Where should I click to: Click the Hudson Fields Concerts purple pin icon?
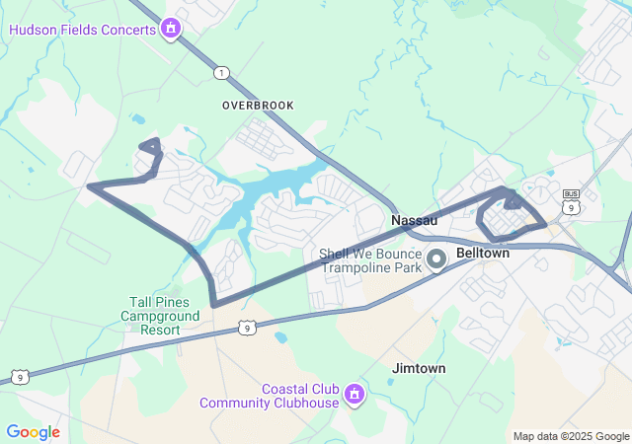click(x=172, y=28)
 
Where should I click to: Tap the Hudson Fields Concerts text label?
click(x=83, y=29)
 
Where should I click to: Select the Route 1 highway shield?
click(x=222, y=73)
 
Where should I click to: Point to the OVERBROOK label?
click(x=259, y=104)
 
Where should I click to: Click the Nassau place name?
click(x=414, y=220)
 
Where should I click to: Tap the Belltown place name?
click(x=483, y=253)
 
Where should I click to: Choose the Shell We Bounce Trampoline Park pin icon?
click(x=436, y=259)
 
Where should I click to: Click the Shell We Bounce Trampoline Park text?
click(x=370, y=260)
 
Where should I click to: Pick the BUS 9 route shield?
click(x=571, y=200)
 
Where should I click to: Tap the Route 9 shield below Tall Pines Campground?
click(x=247, y=327)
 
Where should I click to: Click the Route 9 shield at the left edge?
click(x=19, y=377)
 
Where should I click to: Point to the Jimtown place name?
click(x=419, y=368)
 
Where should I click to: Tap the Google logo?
click(x=33, y=432)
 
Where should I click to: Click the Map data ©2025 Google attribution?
click(x=571, y=436)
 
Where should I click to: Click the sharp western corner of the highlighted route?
click(x=90, y=185)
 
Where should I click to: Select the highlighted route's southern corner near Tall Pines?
click(x=214, y=304)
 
